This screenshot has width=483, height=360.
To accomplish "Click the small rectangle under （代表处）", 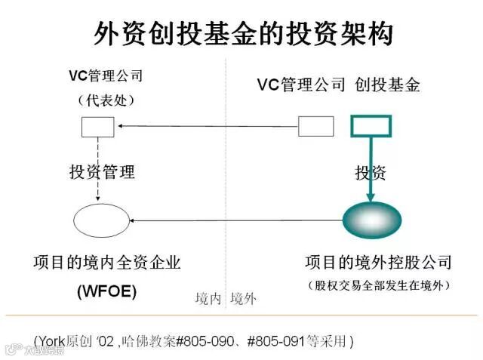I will tap(97, 126).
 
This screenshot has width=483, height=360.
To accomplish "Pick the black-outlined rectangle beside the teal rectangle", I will tap(315, 126).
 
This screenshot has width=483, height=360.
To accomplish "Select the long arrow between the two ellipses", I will tap(234, 221).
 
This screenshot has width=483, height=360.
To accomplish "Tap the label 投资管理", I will tap(101, 172).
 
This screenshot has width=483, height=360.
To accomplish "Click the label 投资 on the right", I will tap(371, 172).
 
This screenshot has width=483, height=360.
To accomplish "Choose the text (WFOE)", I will tap(106, 291).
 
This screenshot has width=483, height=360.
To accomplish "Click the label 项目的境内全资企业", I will tap(106, 263).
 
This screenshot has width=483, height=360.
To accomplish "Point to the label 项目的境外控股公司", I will tap(377, 263).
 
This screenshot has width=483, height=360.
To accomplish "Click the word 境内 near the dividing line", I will tap(208, 298).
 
